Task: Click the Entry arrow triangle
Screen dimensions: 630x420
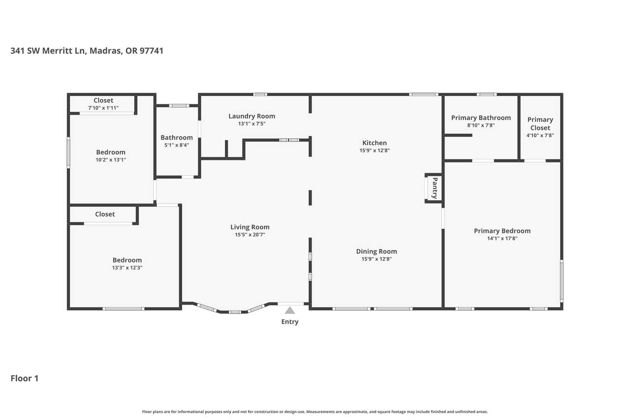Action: pos(290,311)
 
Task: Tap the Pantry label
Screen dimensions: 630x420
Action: pos(435,188)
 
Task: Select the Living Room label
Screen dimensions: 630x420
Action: pos(250,227)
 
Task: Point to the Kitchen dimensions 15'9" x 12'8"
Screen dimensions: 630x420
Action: pos(375,150)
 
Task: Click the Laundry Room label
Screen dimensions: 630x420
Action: pos(252,116)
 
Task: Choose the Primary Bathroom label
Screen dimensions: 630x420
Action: pos(481,118)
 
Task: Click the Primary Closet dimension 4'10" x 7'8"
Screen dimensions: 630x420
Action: pos(540,135)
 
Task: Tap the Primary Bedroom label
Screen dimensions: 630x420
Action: pos(502,231)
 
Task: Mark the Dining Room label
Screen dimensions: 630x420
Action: pos(377,252)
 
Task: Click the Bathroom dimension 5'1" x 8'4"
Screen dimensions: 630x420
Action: pos(177,145)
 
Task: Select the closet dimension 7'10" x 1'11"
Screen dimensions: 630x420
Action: pos(103,108)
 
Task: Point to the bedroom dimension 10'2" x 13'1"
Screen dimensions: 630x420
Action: pos(111,160)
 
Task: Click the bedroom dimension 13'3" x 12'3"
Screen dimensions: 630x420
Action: pos(127,267)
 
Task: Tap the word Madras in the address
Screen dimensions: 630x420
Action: pos(105,51)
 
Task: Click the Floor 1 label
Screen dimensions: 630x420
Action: pos(25,378)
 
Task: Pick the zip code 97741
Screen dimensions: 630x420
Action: pos(151,51)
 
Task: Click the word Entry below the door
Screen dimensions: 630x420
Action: pos(290,322)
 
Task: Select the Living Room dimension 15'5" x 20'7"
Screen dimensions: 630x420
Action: pos(250,234)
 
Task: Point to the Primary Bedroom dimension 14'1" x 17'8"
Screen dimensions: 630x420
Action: pos(502,238)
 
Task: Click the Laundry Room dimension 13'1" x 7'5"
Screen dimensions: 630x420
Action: pos(252,124)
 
